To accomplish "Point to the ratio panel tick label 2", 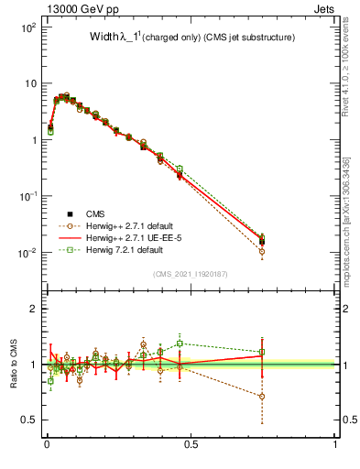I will click(33, 309).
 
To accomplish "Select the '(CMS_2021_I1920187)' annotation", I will click(191, 274).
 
